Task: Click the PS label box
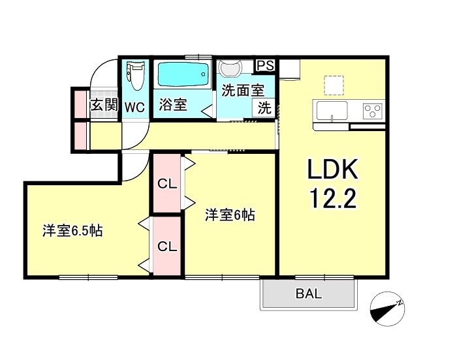click(265, 65)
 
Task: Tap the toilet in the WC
click(135, 76)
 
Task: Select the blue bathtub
click(183, 74)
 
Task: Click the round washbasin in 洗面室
click(230, 68)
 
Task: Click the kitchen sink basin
click(332, 110)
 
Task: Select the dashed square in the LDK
click(334, 85)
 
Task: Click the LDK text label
click(332, 169)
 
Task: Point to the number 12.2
click(333, 198)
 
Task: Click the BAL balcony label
click(309, 293)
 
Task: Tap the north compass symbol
click(387, 308)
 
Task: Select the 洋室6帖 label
click(230, 215)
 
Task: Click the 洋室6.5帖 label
click(72, 231)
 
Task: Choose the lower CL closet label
click(167, 247)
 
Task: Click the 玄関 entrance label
click(104, 104)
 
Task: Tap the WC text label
click(135, 108)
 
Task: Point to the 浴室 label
click(172, 104)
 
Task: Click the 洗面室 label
click(243, 91)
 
